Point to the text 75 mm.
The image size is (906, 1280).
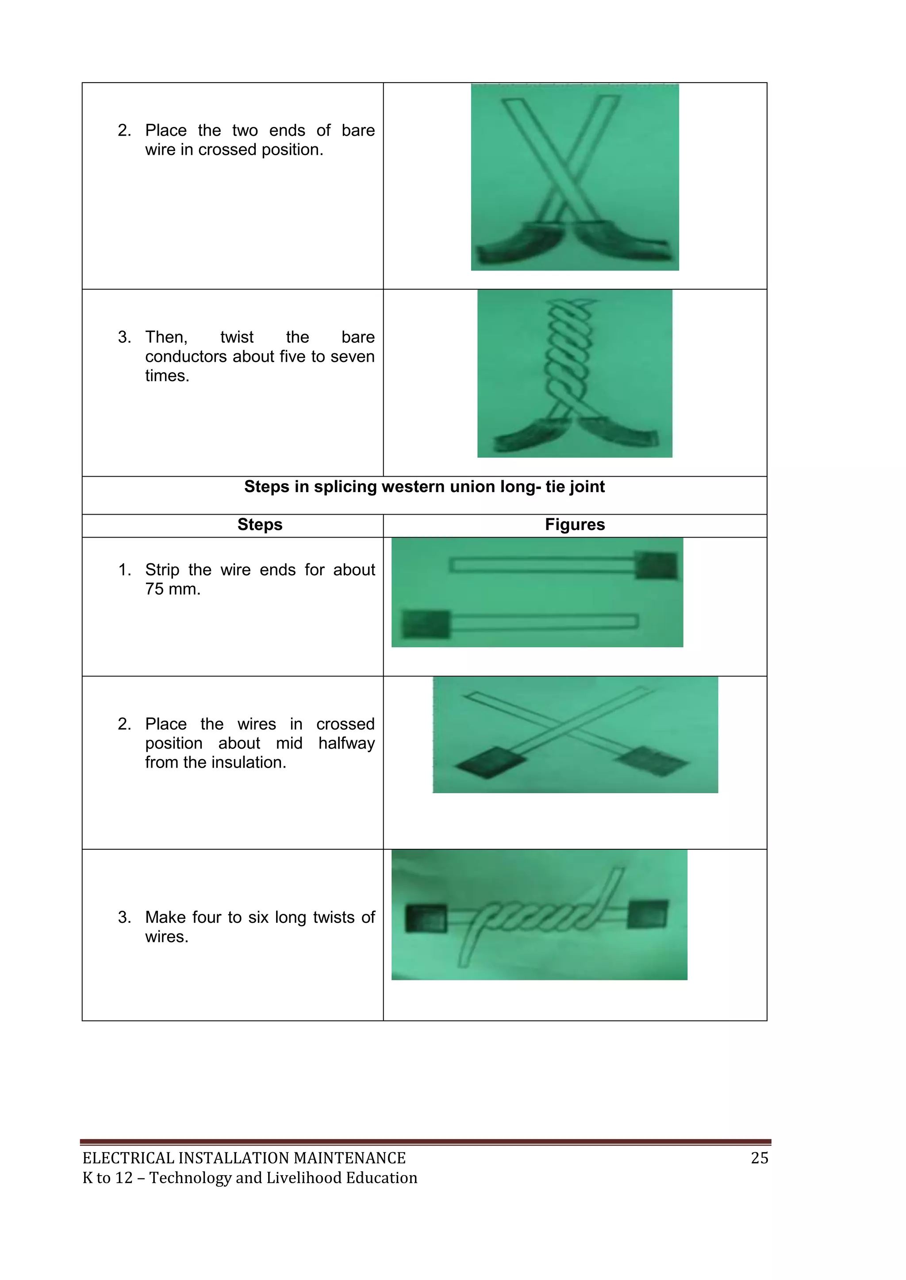pos(173,589)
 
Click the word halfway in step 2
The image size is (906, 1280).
pos(346,743)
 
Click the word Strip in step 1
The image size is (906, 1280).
pos(162,570)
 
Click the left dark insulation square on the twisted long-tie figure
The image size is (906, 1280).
pos(426,919)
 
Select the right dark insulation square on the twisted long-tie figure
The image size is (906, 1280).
pos(647,915)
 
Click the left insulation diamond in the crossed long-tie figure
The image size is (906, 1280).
pos(490,763)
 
